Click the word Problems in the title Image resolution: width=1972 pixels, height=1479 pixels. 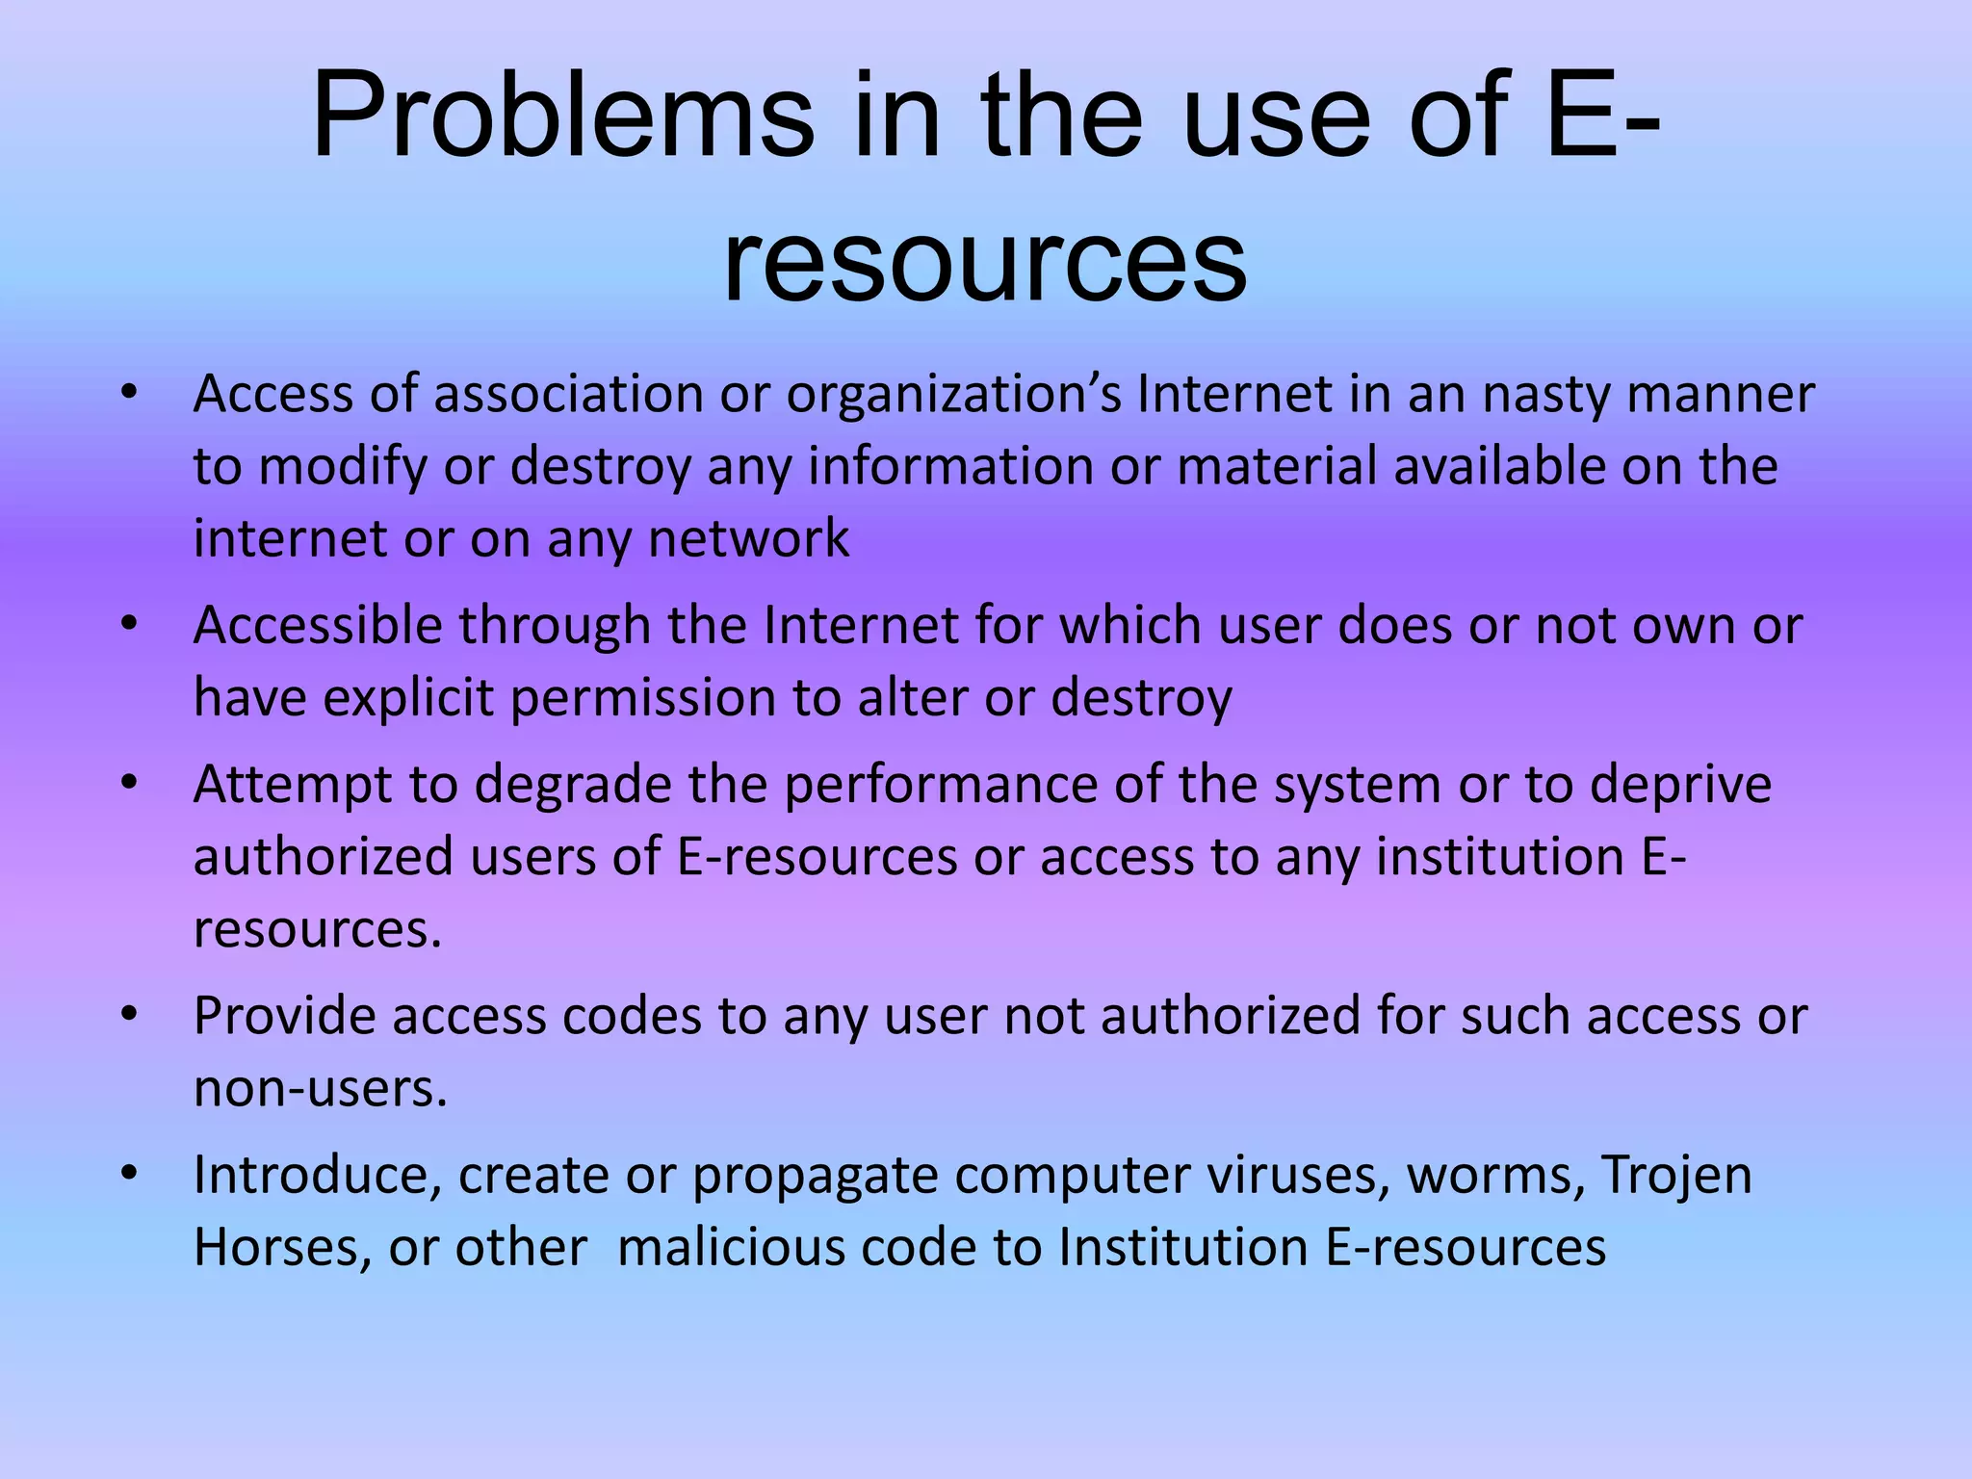[x=562, y=117]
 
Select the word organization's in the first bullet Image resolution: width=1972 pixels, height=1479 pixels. [x=954, y=395]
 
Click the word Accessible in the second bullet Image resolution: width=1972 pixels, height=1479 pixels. [x=318, y=626]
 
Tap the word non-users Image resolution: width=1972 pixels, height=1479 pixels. [x=321, y=1089]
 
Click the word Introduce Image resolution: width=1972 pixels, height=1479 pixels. [x=317, y=1176]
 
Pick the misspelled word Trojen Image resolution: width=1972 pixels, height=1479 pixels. [x=1675, y=1176]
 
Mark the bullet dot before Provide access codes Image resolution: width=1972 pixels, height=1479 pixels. [x=130, y=1014]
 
